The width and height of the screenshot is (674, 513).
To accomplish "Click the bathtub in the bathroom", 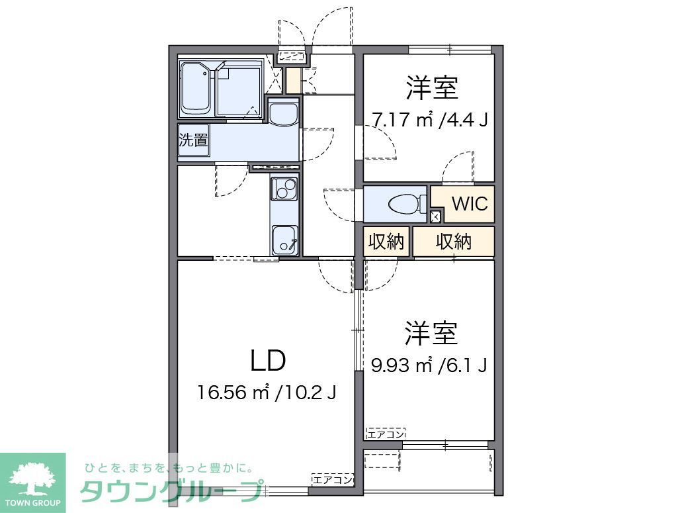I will click(196, 88).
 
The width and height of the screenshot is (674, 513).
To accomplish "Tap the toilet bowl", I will click(405, 205).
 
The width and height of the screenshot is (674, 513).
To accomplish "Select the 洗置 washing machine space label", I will click(193, 141).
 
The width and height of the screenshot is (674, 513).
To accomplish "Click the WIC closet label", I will click(470, 204).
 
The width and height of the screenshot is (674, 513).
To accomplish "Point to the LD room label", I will click(268, 361).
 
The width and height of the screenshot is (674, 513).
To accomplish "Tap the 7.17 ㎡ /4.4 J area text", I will click(429, 120).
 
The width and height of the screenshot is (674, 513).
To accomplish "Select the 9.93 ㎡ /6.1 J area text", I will click(429, 365).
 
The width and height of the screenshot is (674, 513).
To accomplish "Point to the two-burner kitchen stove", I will click(285, 190).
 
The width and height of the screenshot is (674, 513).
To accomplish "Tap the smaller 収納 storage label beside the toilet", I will click(386, 242).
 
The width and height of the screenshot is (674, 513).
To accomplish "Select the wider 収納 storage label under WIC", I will click(454, 242).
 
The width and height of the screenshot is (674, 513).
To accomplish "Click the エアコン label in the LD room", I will click(333, 479).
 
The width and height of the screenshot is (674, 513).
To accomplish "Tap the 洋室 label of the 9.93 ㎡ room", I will click(432, 333).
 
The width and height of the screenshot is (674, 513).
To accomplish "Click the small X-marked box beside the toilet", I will click(435, 216).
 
